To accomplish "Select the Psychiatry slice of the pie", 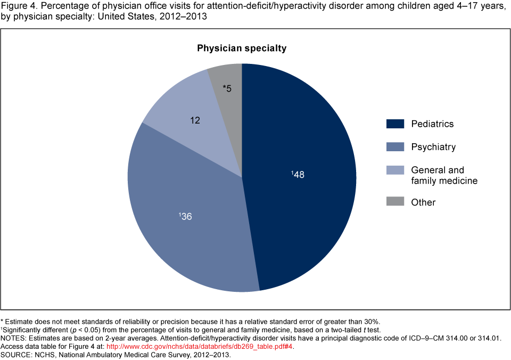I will (181, 234).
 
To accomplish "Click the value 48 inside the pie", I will (299, 174).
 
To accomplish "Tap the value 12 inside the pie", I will (195, 121).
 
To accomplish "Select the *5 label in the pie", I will (227, 88).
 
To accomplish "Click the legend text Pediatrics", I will (432, 124).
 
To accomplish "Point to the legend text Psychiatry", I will (433, 146).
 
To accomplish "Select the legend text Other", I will (423, 202).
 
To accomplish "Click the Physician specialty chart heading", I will (242, 48).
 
